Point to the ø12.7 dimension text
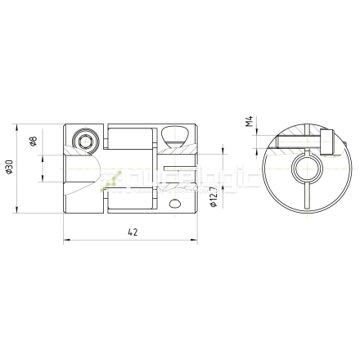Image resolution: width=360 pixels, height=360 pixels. click(x=214, y=198)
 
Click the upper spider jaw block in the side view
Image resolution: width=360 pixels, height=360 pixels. click(x=129, y=137)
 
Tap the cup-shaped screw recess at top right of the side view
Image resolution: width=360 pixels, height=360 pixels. click(x=177, y=135)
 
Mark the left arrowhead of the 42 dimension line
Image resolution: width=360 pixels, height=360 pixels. click(x=66, y=241)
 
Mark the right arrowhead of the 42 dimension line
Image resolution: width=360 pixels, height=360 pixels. click(x=196, y=241)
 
